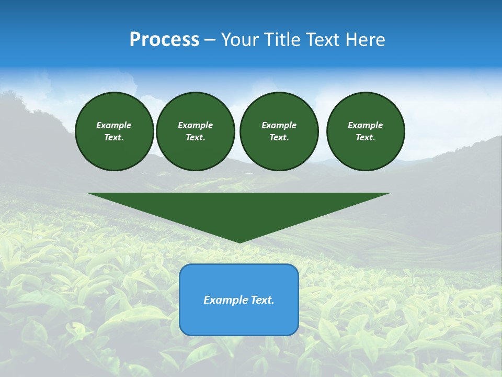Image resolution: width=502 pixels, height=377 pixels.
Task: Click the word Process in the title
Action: pyautogui.click(x=164, y=40)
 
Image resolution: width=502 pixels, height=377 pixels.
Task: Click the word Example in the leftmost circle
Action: pyautogui.click(x=114, y=125)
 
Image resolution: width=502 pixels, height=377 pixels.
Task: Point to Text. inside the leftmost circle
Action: pyautogui.click(x=114, y=138)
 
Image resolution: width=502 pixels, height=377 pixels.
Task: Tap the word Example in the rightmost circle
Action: pyautogui.click(x=366, y=125)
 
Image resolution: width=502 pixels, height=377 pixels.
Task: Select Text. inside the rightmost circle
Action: pyautogui.click(x=366, y=138)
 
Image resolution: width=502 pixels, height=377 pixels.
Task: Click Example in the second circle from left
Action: pyautogui.click(x=195, y=125)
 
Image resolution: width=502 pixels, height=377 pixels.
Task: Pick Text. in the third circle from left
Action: pyautogui.click(x=279, y=138)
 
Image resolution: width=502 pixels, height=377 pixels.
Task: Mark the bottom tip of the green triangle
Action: pyautogui.click(x=239, y=241)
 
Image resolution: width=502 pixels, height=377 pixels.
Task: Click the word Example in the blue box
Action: pyautogui.click(x=224, y=300)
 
